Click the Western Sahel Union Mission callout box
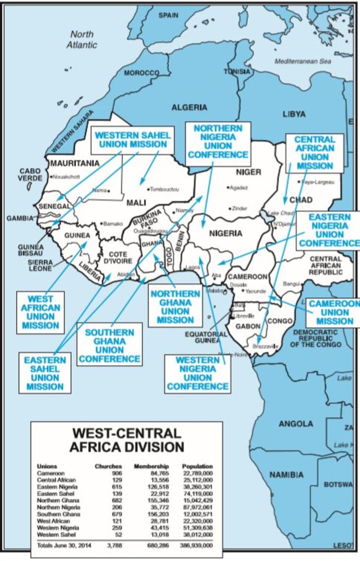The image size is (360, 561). click(x=133, y=139)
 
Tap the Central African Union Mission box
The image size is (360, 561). click(x=315, y=152)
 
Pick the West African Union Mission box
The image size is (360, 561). click(x=40, y=312)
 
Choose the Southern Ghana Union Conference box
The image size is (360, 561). click(x=109, y=345)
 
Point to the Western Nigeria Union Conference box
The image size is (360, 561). click(x=198, y=373)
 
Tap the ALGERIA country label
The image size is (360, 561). click(x=189, y=107)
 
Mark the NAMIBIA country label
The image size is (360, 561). click(x=286, y=475)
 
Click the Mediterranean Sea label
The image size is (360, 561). click(x=302, y=61)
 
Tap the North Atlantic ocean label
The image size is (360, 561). click(x=82, y=40)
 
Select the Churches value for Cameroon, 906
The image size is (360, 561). click(x=115, y=473)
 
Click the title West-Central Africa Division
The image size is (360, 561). click(x=126, y=439)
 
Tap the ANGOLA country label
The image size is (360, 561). click(x=296, y=424)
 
